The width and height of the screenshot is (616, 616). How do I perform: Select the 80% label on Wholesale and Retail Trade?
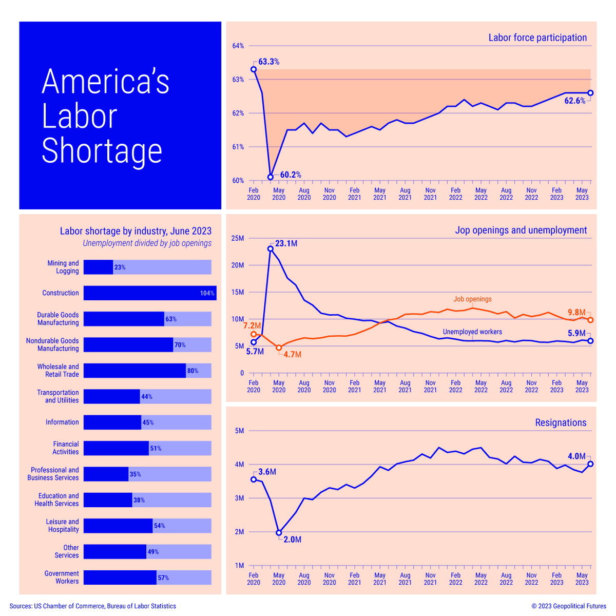pos(192,371)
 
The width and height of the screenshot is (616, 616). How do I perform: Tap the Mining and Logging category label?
pos(63,267)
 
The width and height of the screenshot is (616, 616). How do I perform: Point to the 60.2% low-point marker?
pos(271,177)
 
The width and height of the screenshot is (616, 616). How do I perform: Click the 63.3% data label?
pos(268,62)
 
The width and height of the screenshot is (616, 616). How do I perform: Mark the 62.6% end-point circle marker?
pos(590,93)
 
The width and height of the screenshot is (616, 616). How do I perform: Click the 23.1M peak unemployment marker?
pos(271,249)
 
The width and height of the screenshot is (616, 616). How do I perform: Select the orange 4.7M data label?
pos(292,354)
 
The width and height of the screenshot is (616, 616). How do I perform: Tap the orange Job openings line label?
pos(472,299)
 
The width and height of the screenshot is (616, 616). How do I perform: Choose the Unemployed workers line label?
pos(472,332)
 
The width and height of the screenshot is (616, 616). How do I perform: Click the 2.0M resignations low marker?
pos(279,533)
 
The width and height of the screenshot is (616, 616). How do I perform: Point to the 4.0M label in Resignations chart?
pos(576,456)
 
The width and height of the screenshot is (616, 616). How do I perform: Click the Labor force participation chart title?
pos(537,37)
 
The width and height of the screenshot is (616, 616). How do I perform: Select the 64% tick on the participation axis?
pos(238,46)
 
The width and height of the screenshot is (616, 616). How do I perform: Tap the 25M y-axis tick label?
pos(238,238)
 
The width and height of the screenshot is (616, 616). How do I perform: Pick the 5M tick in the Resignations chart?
pos(239,431)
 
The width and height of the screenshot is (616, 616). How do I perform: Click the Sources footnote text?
pos(92,606)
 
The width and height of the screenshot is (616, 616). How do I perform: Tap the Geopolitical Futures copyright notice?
pos(568,606)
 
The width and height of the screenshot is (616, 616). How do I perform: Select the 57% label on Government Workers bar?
pos(163,577)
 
